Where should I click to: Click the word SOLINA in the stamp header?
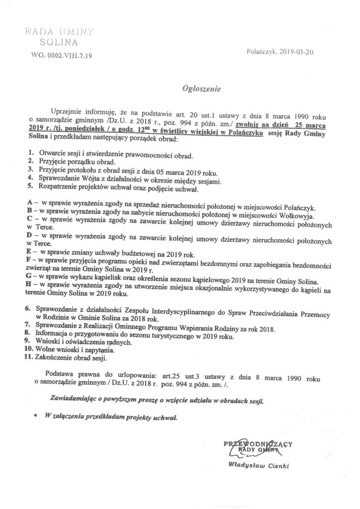coord(61,44)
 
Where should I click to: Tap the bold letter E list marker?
coord(30,252)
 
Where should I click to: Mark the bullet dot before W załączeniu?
coord(35,416)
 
